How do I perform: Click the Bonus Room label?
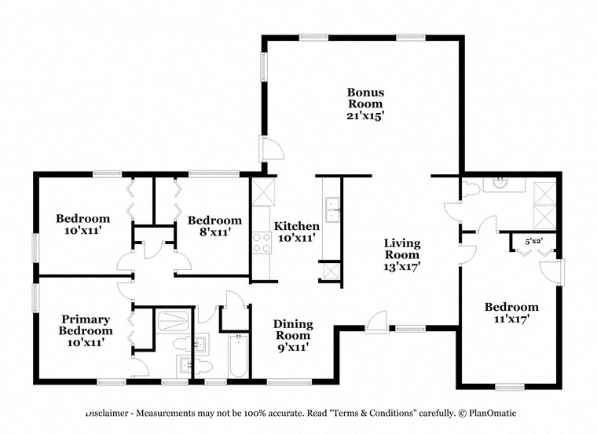tap(365, 98)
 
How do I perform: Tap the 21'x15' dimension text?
tap(365, 115)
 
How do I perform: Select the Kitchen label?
tap(296, 226)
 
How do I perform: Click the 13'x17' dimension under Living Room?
tap(401, 267)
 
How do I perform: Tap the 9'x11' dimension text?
tap(293, 346)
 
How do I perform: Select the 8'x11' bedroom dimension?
tap(214, 232)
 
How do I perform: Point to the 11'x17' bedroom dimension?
tap(511, 319)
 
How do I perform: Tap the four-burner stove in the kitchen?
tap(260, 243)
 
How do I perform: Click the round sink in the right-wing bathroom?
tap(500, 184)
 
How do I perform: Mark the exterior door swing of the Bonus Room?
tap(270, 148)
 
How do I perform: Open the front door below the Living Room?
tap(376, 322)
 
